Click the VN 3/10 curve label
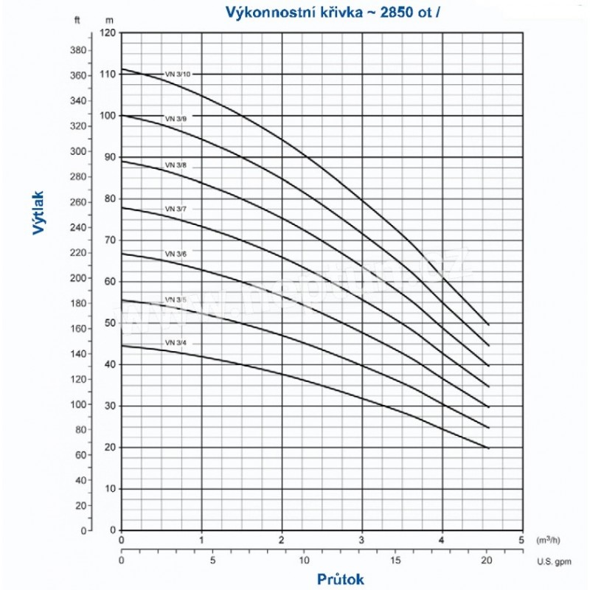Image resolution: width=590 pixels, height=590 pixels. [x=176, y=73]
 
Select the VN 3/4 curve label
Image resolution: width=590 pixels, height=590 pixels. [x=176, y=343]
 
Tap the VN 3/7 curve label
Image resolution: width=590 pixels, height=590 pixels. [x=176, y=209]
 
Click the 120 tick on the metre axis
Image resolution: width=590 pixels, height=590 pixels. [x=108, y=32]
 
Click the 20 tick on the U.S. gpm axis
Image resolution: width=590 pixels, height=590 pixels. [x=487, y=560]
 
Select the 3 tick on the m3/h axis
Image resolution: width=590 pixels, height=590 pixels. [x=361, y=538]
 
